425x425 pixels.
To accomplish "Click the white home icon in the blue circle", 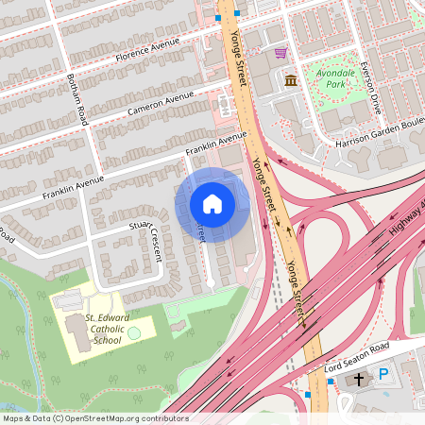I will pos(212,204).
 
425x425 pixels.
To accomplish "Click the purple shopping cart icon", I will pos(280,52).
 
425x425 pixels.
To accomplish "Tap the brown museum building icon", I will pos(291,79).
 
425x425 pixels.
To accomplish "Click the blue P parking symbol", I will pos(383,375).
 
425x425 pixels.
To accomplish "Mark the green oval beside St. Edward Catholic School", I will pos(134,332).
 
